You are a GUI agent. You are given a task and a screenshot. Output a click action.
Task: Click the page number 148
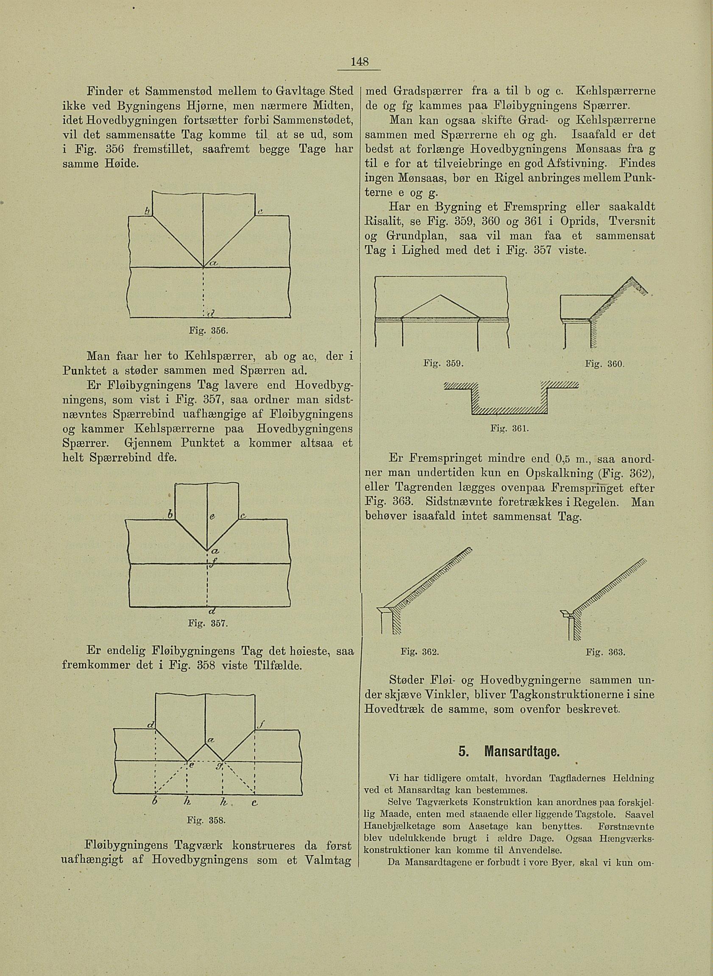(x=359, y=62)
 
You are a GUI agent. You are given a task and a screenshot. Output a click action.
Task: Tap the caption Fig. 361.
(x=514, y=429)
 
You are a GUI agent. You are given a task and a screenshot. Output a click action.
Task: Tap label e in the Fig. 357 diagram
(x=213, y=518)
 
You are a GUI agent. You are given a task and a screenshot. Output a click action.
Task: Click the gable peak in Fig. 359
(x=440, y=295)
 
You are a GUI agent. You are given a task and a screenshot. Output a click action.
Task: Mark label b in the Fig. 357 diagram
(x=170, y=516)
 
